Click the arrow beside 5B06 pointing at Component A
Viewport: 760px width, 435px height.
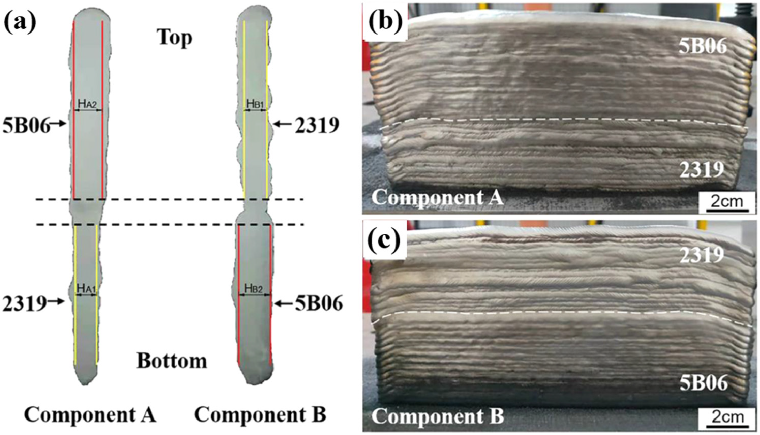[x=59, y=123]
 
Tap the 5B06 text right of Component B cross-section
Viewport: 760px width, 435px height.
[x=319, y=304]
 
